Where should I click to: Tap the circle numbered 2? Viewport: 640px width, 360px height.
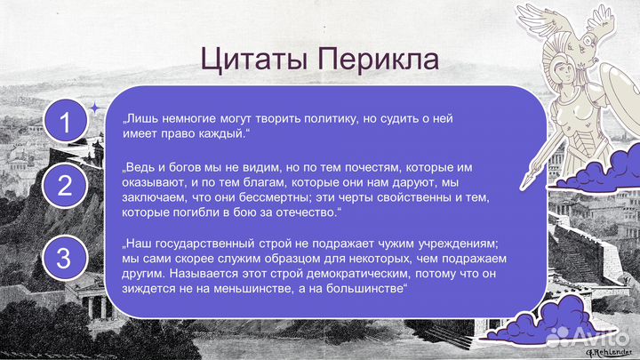point(65,186)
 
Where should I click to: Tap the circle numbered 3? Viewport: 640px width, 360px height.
point(65,259)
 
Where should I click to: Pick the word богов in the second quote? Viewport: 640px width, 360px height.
point(186,166)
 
